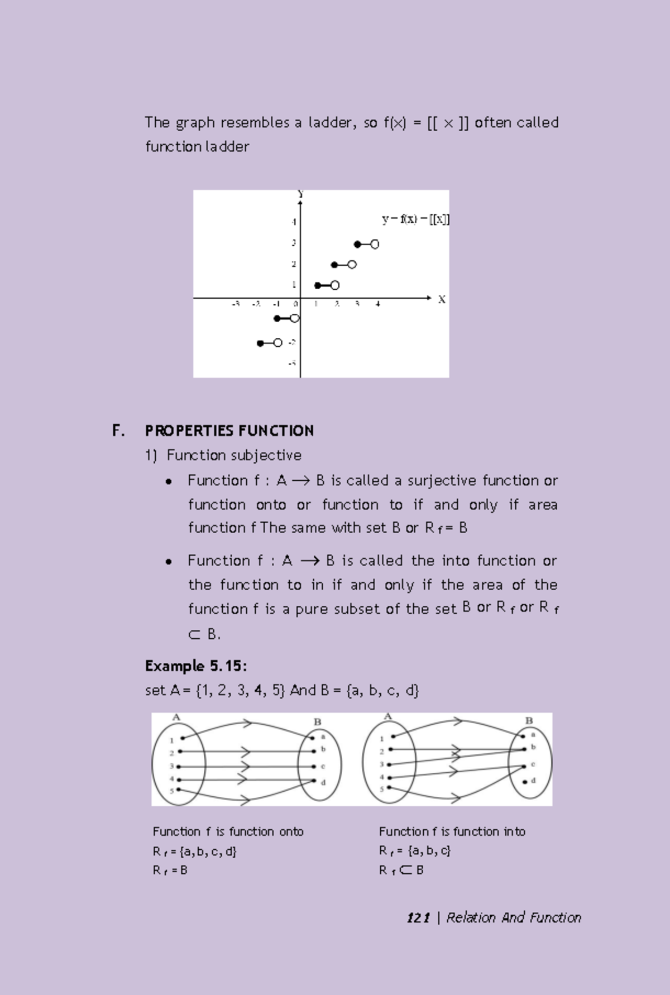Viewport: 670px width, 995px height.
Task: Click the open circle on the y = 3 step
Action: point(375,244)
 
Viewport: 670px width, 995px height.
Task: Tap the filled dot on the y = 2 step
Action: point(334,265)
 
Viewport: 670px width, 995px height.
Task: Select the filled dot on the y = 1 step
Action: point(317,285)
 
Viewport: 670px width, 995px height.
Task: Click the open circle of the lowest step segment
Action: point(277,343)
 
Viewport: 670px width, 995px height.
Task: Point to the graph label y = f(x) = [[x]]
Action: point(415,219)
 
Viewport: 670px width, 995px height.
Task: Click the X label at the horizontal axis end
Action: point(442,300)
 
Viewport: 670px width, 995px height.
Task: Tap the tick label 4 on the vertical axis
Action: point(293,222)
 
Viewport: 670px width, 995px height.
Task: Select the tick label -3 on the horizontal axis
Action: point(236,304)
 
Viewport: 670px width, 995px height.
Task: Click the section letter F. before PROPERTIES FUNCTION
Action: point(118,431)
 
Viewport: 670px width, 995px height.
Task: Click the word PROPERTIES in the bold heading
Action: point(189,431)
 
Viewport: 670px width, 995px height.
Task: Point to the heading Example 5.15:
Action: point(196,666)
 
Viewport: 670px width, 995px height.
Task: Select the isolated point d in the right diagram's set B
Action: point(525,782)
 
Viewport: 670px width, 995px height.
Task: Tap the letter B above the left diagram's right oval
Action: point(317,722)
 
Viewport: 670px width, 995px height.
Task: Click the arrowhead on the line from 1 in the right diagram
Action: point(458,721)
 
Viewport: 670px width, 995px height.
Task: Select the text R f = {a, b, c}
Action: point(415,851)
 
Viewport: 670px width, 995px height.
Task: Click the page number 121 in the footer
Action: point(418,918)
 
